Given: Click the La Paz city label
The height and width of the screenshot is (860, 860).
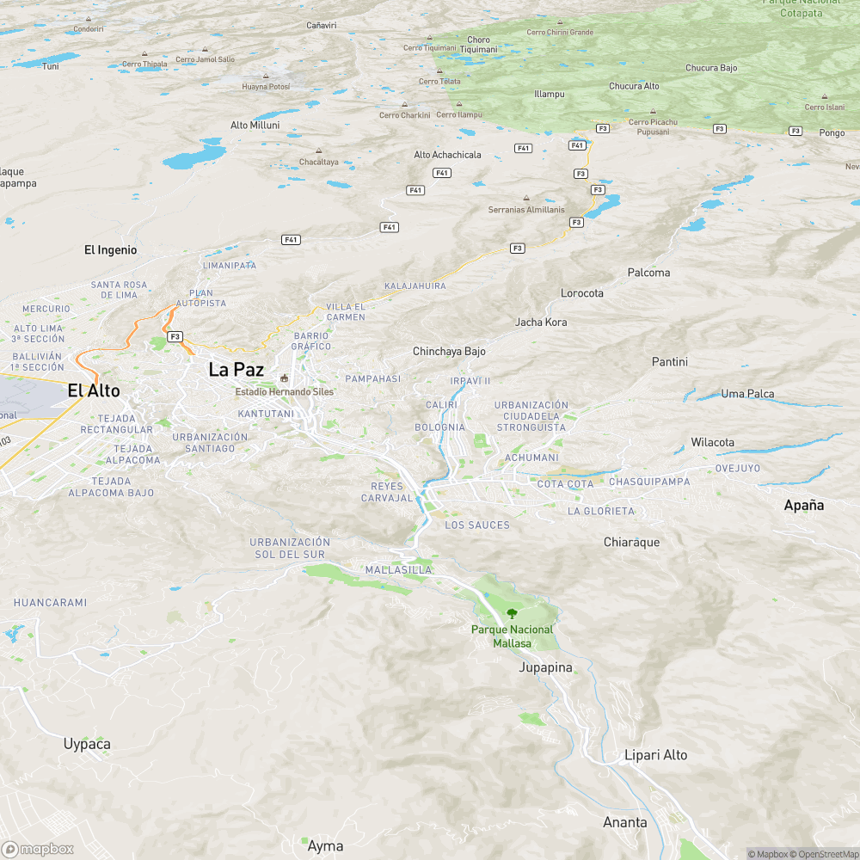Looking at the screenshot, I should [236, 370].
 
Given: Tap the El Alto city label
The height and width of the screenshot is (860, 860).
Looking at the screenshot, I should [94, 391].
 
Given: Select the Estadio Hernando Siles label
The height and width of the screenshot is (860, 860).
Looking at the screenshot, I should [285, 391].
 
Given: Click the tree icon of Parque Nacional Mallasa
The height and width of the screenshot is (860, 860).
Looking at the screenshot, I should [513, 614].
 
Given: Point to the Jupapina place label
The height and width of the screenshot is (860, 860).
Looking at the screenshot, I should [545, 667].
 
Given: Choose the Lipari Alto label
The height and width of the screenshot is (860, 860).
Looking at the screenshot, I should [655, 755].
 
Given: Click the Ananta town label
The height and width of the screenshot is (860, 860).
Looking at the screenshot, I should [624, 823].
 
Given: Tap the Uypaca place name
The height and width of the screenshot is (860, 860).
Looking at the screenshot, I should [87, 744].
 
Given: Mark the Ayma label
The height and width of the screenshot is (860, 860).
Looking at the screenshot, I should [325, 846].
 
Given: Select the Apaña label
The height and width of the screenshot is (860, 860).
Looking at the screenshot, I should [803, 506].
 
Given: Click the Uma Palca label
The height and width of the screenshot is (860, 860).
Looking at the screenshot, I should [747, 394].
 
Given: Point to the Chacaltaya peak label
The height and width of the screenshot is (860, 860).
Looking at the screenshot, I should [318, 162].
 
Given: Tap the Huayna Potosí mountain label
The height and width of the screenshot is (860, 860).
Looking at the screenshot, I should [266, 87].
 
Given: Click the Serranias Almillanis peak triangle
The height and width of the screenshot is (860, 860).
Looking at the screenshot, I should [526, 198].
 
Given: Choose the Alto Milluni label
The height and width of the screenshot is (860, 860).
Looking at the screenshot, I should [255, 125].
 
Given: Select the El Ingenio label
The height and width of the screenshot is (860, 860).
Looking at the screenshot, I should [110, 250].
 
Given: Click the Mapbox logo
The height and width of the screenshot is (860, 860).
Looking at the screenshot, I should [37, 849].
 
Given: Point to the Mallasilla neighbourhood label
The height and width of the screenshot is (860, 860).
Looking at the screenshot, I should [398, 570].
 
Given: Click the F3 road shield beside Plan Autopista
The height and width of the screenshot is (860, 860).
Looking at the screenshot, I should [175, 336].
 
